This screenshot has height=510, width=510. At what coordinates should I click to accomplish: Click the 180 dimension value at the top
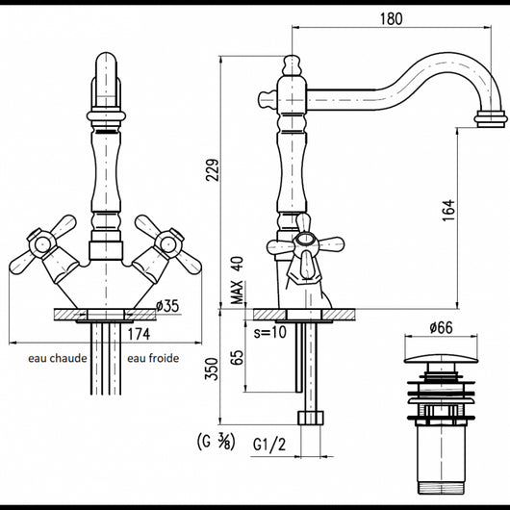391,18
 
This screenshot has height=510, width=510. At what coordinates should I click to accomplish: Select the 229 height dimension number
213,169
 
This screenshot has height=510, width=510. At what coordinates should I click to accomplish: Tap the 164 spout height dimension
448,211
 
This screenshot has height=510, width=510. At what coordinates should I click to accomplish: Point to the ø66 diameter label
441,327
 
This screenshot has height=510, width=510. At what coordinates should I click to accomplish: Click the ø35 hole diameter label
167,306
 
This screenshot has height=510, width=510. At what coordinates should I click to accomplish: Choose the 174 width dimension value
139,334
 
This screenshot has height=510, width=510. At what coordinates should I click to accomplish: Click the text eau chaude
58,358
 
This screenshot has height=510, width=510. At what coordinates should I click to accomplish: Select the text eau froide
153,358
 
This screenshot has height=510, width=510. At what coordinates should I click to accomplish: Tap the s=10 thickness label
270,332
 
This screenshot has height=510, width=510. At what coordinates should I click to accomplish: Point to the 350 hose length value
211,369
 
